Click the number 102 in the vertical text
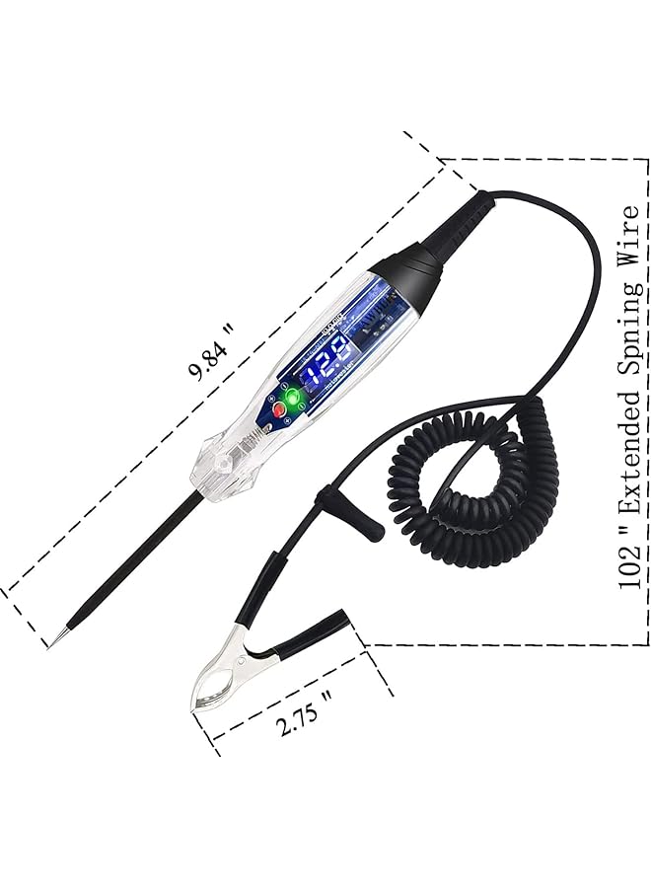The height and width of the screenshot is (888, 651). (x=628, y=566)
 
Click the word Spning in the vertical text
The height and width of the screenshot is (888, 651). (x=628, y=330)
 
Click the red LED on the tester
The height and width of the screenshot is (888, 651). (x=279, y=408)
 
